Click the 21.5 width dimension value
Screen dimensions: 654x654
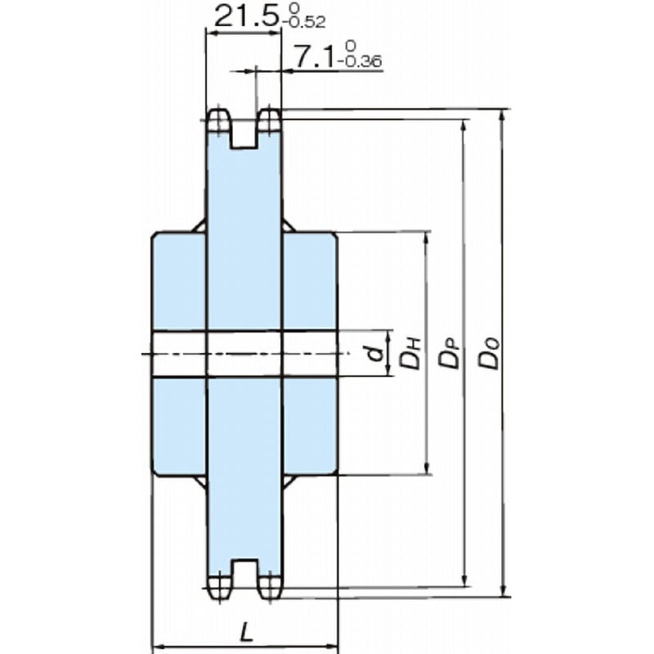245,16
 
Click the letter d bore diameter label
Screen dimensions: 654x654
374,353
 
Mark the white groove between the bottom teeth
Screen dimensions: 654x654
244,573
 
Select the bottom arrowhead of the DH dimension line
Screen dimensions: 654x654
426,468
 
